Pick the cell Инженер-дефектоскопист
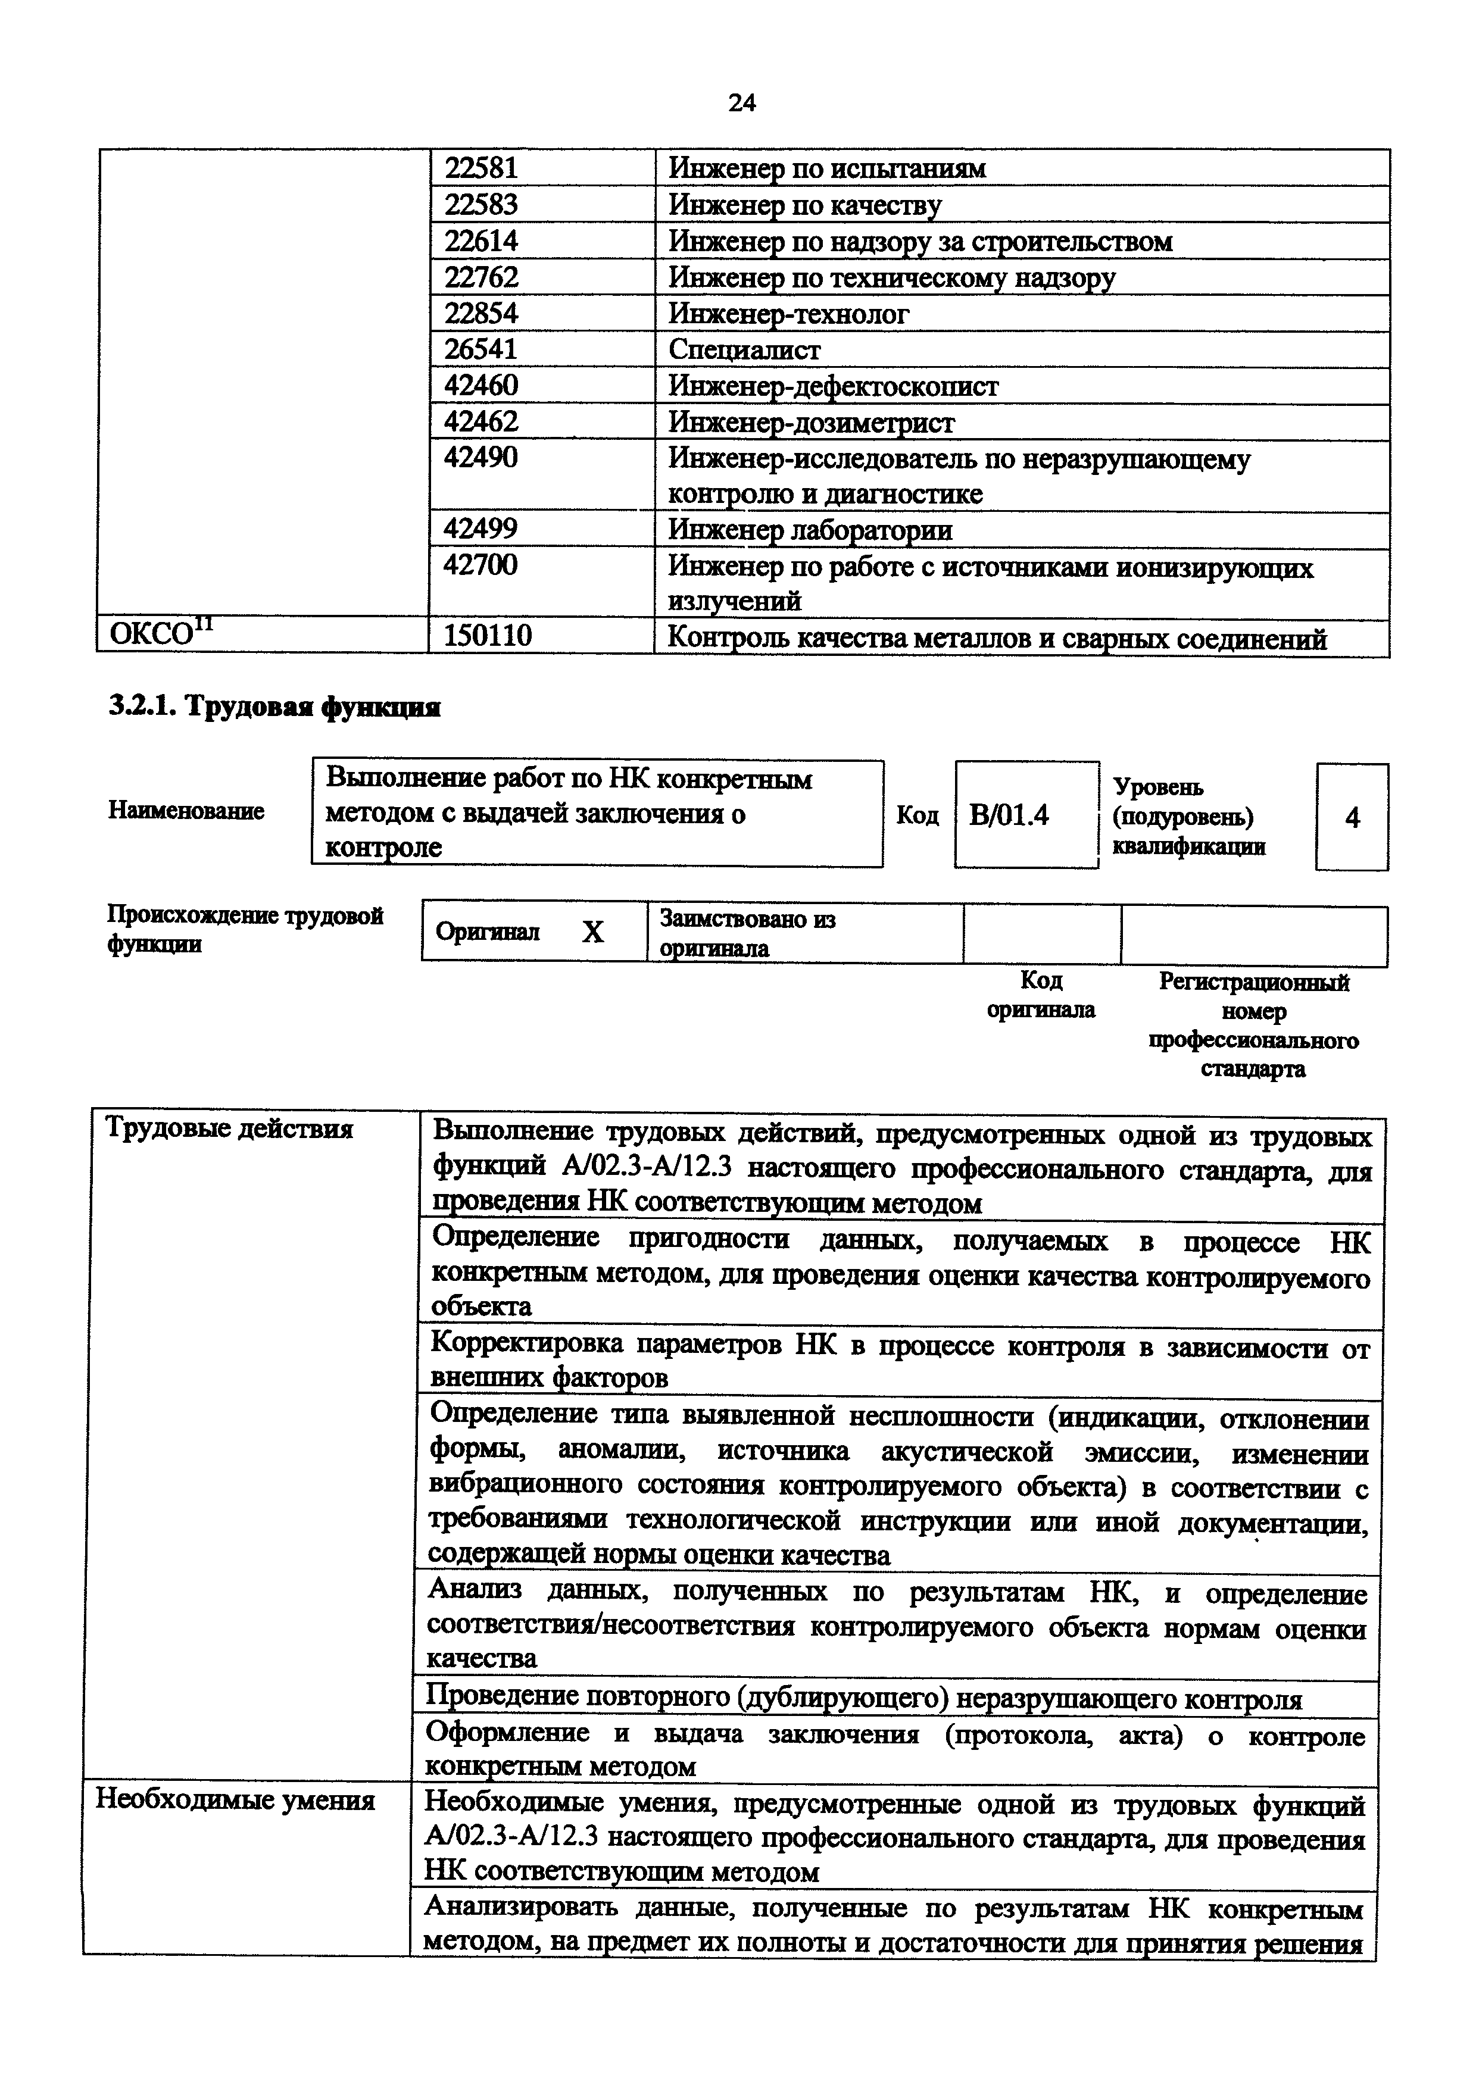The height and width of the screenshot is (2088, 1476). click(833, 386)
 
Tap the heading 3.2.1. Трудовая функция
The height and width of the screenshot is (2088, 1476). click(274, 707)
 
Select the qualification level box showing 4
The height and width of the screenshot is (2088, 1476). click(1352, 818)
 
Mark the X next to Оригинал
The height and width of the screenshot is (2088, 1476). click(592, 932)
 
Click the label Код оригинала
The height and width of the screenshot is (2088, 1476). click(1041, 994)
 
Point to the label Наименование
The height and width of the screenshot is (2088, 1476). click(186, 810)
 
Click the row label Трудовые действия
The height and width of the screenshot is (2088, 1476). click(229, 1129)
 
